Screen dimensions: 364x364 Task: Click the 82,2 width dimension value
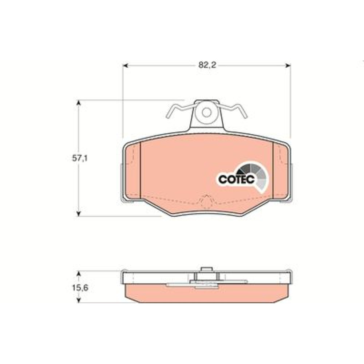207,65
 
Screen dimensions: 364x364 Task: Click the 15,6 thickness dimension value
80,288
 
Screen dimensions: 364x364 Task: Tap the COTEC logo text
237,179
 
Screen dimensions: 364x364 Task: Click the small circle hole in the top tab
206,112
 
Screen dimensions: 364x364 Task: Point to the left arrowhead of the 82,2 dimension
125,66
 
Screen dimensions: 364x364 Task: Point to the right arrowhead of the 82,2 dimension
288,66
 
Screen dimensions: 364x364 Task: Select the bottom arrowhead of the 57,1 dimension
79,214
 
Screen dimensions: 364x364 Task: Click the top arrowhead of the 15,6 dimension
79,274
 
